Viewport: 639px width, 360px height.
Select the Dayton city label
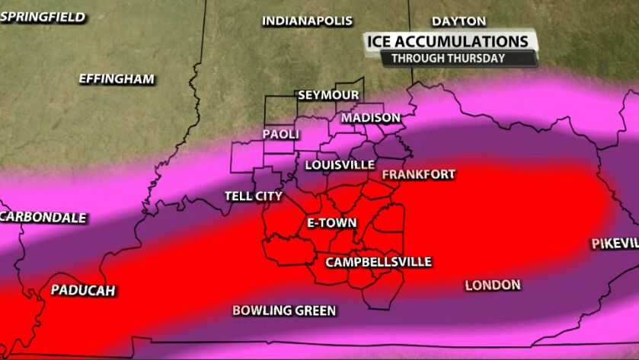coord(458,21)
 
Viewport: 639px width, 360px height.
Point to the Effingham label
coord(117,79)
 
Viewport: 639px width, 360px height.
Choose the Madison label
coord(370,118)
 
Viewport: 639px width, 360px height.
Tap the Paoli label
coord(281,134)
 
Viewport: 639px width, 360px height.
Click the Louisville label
coord(340,165)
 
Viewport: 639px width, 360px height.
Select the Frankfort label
coord(418,175)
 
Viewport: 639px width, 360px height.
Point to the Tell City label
coord(254,196)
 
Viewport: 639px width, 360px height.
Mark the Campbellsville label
coord(379,263)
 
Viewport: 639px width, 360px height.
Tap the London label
coord(492,285)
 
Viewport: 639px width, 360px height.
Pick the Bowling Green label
coord(284,311)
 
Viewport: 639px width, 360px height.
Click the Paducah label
coord(82,291)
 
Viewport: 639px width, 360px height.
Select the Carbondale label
coord(43,218)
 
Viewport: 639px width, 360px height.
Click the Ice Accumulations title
coord(447,41)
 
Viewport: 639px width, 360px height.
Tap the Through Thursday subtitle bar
coord(447,58)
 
